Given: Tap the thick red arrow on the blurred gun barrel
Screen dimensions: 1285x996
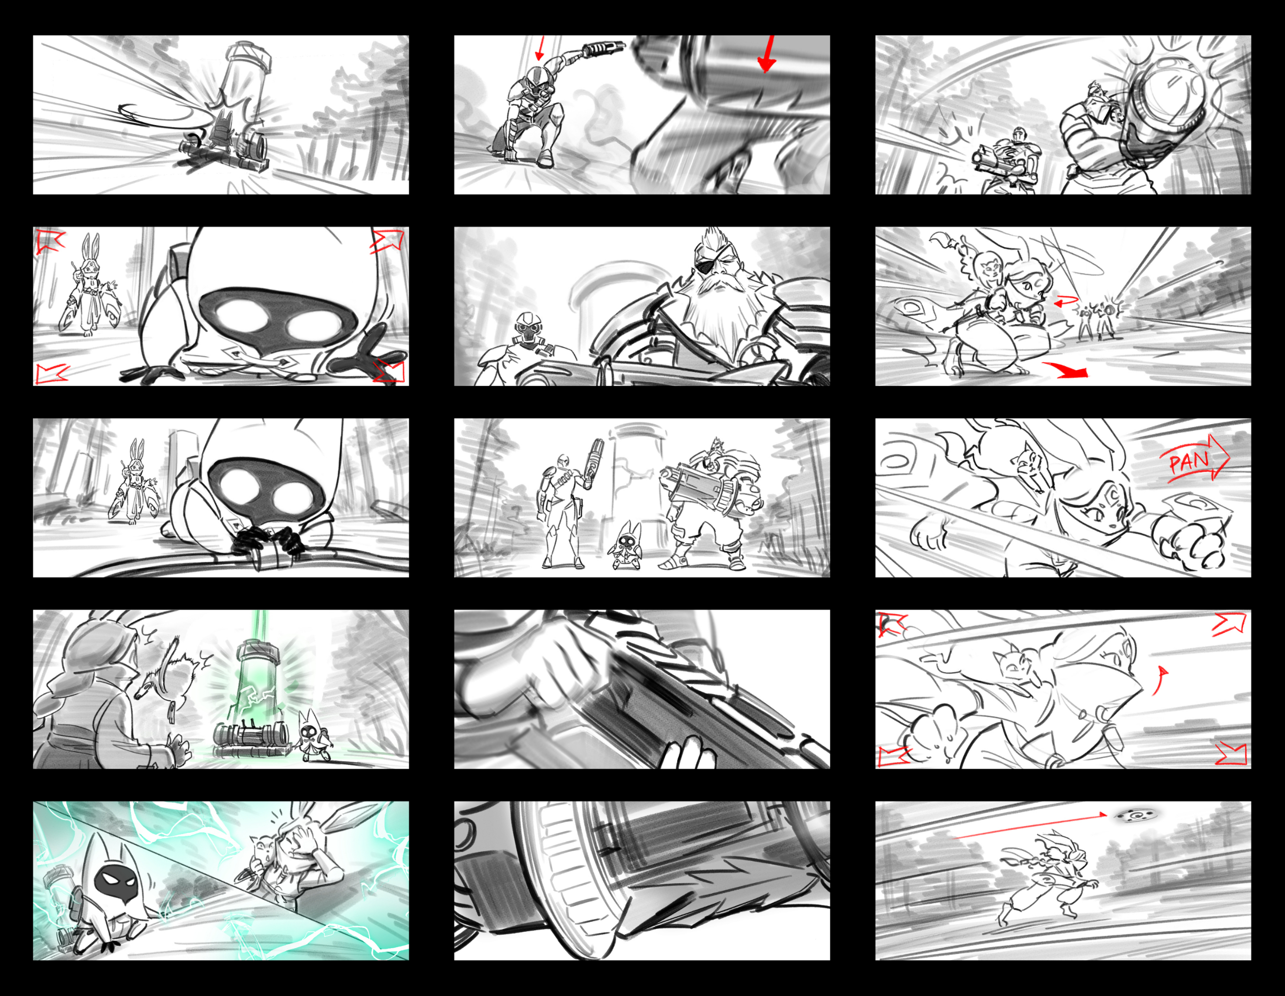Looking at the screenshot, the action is pyautogui.click(x=767, y=54).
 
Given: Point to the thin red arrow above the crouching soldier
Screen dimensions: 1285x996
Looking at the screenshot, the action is pyautogui.click(x=540, y=48).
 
